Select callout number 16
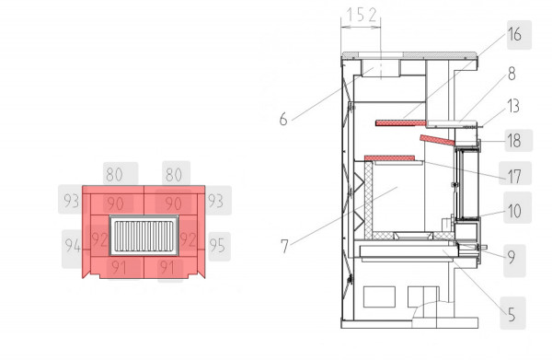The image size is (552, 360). [x=513, y=36]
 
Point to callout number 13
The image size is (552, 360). [x=512, y=106]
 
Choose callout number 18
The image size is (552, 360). [x=512, y=140]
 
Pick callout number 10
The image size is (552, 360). [x=512, y=211]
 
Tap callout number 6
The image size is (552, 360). [x=283, y=119]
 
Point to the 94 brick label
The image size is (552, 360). [x=72, y=246]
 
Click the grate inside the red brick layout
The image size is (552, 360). [x=144, y=236]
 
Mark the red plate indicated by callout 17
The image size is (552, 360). [x=394, y=158]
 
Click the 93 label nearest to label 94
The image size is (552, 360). [x=72, y=200]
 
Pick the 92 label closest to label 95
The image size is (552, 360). [x=190, y=240]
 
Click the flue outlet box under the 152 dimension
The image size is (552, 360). [x=378, y=68]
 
